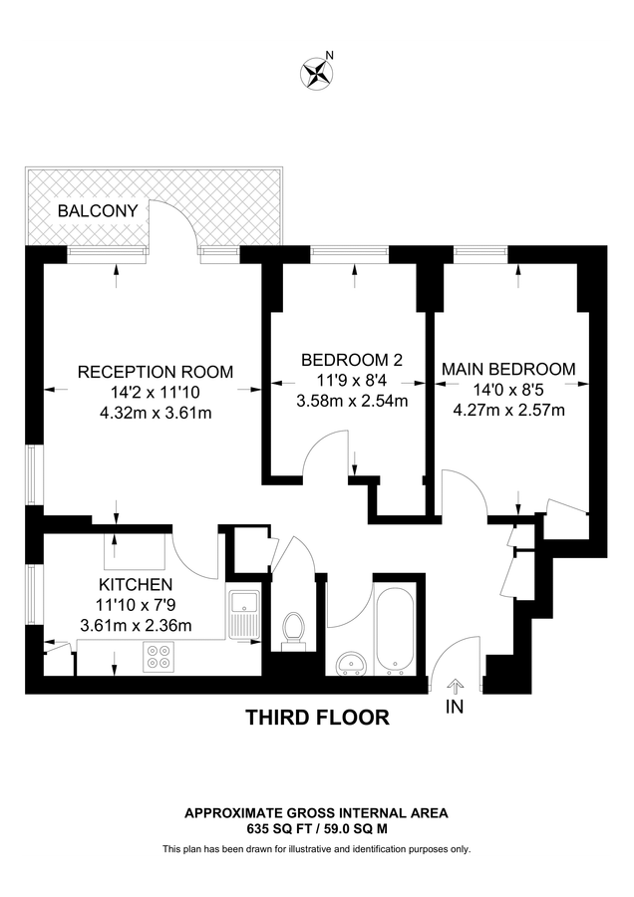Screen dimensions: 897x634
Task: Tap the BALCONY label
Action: (97, 210)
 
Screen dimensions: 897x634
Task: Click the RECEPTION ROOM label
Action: (156, 372)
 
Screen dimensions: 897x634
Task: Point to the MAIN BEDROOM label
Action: (508, 369)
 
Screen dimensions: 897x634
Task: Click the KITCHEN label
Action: (136, 584)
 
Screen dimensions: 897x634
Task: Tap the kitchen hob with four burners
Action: (158, 658)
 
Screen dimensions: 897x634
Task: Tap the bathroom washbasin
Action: (350, 663)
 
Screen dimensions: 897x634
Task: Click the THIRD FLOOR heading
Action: (317, 718)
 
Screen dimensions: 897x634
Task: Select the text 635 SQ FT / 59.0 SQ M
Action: (317, 827)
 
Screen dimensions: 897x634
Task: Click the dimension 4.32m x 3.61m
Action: (156, 413)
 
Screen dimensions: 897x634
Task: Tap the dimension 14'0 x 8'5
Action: (508, 390)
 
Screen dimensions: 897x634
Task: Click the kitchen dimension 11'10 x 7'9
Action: (136, 605)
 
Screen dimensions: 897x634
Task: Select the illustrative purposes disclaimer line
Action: (317, 849)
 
